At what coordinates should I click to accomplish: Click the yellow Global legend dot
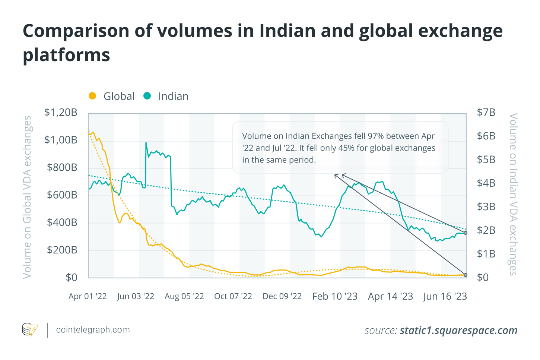[x=92, y=96]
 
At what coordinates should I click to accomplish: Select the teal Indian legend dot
[x=147, y=96]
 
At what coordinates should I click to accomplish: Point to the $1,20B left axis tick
[x=61, y=112]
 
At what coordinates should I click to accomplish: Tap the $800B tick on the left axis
[x=62, y=167]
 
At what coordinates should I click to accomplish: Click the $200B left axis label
[x=62, y=250]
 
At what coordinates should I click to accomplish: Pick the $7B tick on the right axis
[x=486, y=112]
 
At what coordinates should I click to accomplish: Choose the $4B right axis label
[x=486, y=183]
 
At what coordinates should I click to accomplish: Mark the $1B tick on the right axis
[x=486, y=254]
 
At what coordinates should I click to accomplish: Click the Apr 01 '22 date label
[x=88, y=296]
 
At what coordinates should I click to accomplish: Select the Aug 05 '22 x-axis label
[x=184, y=296]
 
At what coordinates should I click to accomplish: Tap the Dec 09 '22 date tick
[x=282, y=296]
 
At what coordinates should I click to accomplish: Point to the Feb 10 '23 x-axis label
[x=335, y=296]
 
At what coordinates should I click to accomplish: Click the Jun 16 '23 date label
[x=445, y=296]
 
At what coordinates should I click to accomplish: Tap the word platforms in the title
[x=66, y=55]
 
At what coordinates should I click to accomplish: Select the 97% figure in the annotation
[x=375, y=136]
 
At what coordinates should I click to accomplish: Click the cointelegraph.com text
[x=93, y=330]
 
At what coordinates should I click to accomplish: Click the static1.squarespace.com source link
[x=458, y=331]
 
